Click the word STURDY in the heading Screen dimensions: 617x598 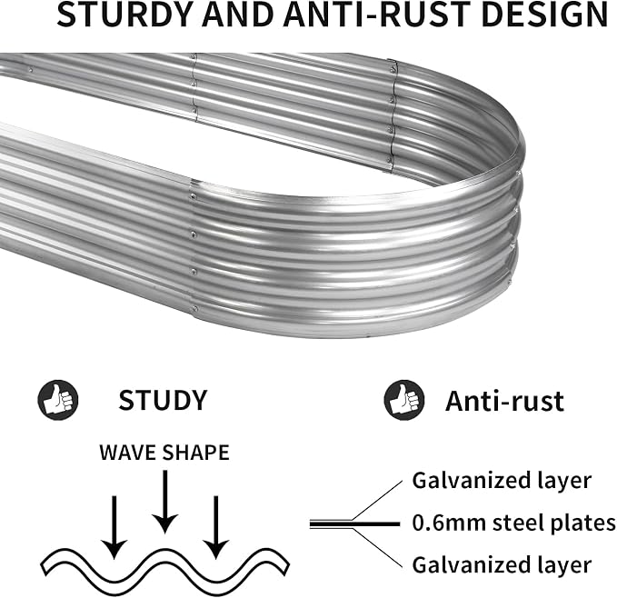(124, 15)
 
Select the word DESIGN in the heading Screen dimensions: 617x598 (544, 15)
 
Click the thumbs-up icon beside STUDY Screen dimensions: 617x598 (58, 400)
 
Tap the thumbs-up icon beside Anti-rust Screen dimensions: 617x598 (404, 400)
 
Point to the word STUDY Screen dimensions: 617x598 (163, 400)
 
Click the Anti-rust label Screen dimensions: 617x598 (504, 401)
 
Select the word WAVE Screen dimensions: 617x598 (128, 453)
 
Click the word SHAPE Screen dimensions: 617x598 (196, 453)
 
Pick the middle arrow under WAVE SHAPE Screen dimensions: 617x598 (165, 502)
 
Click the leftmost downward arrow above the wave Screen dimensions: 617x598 (114, 527)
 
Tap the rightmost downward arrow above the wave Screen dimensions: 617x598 (215, 527)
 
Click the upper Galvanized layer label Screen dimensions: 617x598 (502, 481)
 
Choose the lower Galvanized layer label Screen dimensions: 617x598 (502, 565)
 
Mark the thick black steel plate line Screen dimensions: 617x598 (354, 524)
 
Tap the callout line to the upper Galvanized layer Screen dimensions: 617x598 (377, 500)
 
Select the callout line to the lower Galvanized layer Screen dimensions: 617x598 (377, 549)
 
